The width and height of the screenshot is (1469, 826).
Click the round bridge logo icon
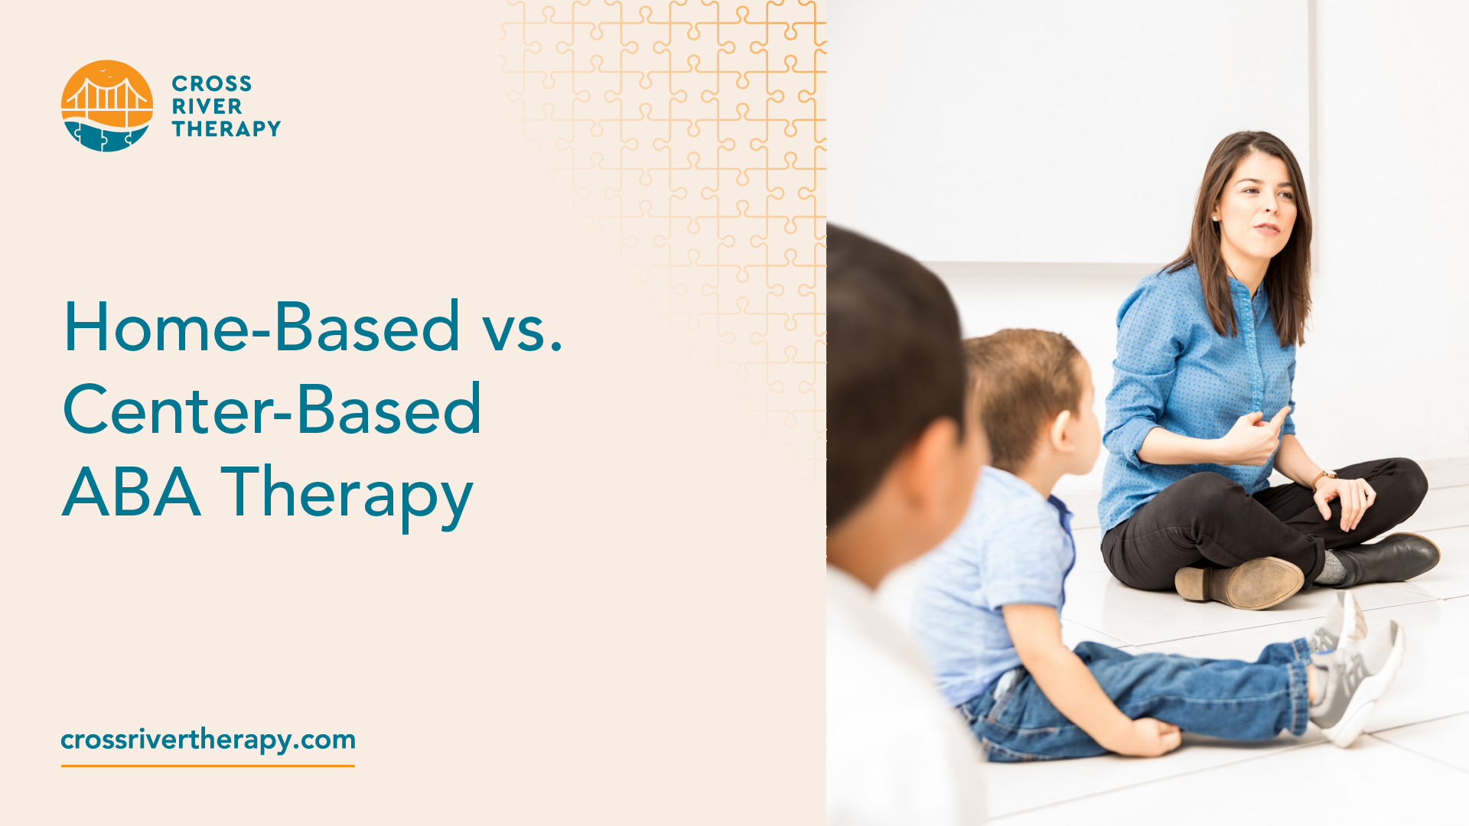[x=107, y=106]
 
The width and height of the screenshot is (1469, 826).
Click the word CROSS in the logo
[x=211, y=83]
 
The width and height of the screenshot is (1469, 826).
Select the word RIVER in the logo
[x=207, y=106]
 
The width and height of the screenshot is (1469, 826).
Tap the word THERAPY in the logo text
[x=226, y=128]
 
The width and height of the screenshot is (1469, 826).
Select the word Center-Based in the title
[x=272, y=410]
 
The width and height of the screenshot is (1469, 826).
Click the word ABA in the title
[x=132, y=493]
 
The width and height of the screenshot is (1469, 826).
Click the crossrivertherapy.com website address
[x=208, y=740]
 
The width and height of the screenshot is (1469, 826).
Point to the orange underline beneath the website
[x=208, y=765]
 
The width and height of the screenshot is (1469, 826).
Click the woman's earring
[x=1215, y=218]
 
